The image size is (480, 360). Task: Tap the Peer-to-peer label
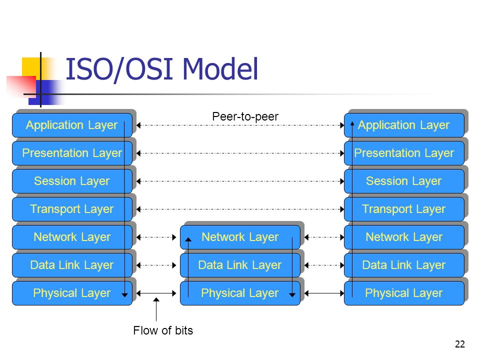pyautogui.click(x=245, y=116)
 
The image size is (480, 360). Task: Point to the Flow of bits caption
pyautogui.click(x=163, y=330)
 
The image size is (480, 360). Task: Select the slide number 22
pyautogui.click(x=460, y=344)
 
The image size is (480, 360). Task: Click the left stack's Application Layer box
pyautogui.click(x=72, y=125)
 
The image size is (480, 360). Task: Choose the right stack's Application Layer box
pyautogui.click(x=404, y=125)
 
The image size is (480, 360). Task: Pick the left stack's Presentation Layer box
pyautogui.click(x=72, y=153)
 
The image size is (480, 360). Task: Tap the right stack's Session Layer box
pyautogui.click(x=404, y=181)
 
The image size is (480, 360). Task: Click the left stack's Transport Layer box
pyautogui.click(x=72, y=209)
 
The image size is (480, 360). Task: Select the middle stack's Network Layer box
pyautogui.click(x=240, y=237)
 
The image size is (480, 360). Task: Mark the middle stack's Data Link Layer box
pyautogui.click(x=240, y=265)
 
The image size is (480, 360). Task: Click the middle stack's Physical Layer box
pyautogui.click(x=240, y=293)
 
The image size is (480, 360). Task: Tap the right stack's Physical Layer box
pyautogui.click(x=404, y=293)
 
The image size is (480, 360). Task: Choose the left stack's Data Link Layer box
pyautogui.click(x=72, y=265)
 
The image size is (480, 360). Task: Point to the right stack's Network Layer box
pyautogui.click(x=404, y=237)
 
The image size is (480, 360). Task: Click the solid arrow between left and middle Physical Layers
pyautogui.click(x=156, y=293)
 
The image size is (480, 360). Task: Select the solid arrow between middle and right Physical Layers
pyautogui.click(x=324, y=293)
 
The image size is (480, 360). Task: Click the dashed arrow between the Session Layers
pyautogui.click(x=240, y=181)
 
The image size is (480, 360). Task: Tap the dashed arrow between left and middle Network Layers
pyautogui.click(x=156, y=237)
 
